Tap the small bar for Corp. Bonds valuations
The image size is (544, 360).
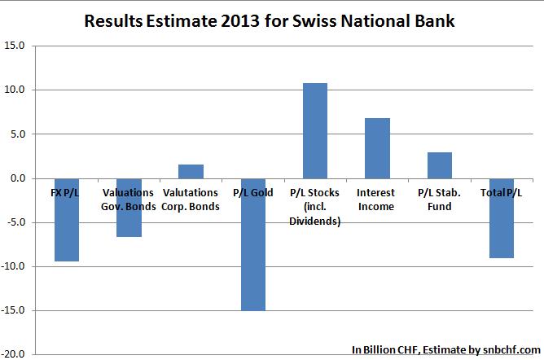click(x=191, y=171)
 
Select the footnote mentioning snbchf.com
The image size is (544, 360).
click(x=446, y=349)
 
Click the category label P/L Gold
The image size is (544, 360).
click(x=252, y=193)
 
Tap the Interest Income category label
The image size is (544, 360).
click(x=375, y=200)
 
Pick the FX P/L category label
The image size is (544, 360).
click(x=67, y=193)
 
